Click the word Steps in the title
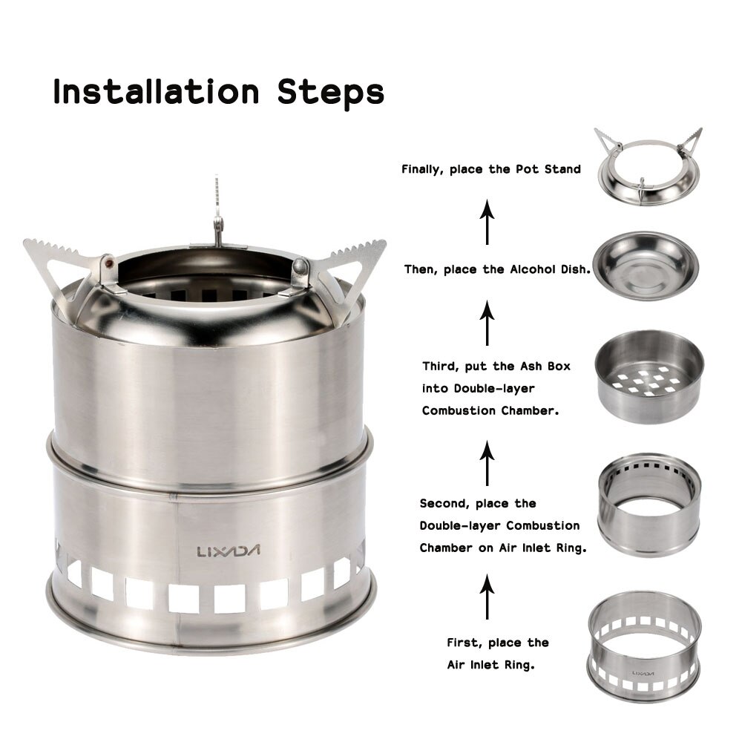point(330,93)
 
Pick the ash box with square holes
point(649,376)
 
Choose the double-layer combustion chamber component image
point(649,505)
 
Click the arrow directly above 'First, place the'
point(487,597)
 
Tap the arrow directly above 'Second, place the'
point(487,462)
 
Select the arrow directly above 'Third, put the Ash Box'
point(487,323)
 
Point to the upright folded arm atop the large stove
point(217,211)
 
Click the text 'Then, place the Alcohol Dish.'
point(497,270)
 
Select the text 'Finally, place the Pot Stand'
point(490,169)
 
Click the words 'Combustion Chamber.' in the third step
point(490,410)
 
